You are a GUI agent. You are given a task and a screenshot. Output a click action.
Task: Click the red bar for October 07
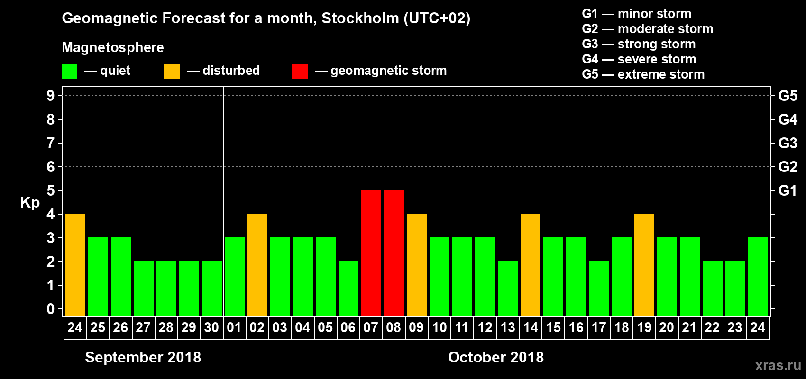tap(371, 253)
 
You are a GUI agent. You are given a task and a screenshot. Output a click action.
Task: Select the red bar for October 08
tap(394, 253)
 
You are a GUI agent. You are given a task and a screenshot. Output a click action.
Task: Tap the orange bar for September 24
tap(75, 265)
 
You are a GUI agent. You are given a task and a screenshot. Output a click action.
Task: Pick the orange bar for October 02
tap(257, 265)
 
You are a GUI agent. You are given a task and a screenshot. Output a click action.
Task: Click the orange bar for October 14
tap(531, 265)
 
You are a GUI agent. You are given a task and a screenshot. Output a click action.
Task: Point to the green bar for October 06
tap(348, 289)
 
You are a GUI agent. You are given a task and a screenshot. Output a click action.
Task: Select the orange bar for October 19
tap(644, 265)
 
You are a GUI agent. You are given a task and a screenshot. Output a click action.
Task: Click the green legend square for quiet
tap(70, 72)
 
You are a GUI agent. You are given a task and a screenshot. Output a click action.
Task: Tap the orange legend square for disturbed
tap(172, 72)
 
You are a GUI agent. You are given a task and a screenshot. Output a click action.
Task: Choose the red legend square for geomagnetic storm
tap(300, 72)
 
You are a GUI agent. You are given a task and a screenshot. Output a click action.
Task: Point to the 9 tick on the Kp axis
tap(51, 96)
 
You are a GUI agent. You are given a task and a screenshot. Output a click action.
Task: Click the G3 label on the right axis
tap(788, 143)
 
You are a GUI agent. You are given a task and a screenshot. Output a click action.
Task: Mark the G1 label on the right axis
tap(788, 190)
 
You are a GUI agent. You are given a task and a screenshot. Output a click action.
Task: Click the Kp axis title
tap(30, 202)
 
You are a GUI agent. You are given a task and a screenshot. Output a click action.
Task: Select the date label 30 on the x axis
tap(211, 327)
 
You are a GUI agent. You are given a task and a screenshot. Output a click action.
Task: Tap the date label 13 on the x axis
tap(508, 327)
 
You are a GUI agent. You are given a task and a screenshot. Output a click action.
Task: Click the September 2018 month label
tap(143, 357)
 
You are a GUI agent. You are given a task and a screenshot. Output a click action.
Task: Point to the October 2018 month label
tap(496, 357)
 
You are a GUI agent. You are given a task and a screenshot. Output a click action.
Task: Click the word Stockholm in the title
tap(360, 18)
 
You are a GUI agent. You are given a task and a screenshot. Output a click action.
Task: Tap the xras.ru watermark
tap(778, 365)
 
